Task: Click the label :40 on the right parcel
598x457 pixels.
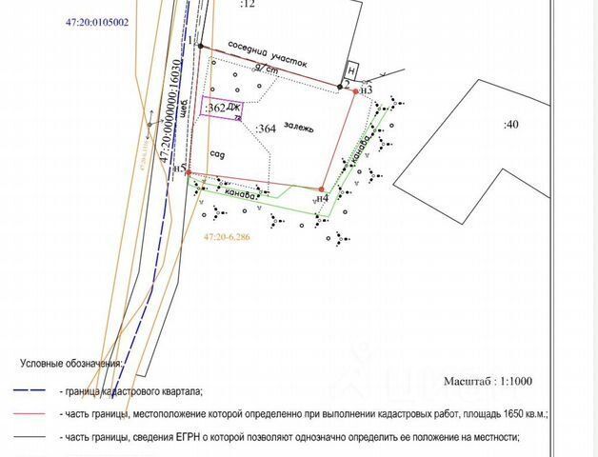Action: pos(511,124)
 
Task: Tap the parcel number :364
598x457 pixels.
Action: pos(267,130)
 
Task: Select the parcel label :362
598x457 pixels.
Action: pos(215,109)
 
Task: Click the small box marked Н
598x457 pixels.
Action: pos(350,71)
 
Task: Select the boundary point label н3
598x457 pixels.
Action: pos(367,89)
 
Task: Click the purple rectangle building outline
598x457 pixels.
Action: pos(221,109)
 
